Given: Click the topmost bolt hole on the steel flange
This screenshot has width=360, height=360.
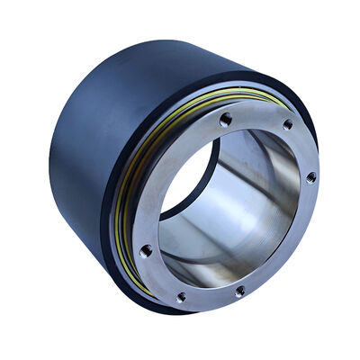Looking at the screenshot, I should [x=225, y=119].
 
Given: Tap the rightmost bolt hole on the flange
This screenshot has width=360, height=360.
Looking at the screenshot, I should [x=310, y=177].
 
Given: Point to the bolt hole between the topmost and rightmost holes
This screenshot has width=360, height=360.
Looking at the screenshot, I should [x=287, y=125].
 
